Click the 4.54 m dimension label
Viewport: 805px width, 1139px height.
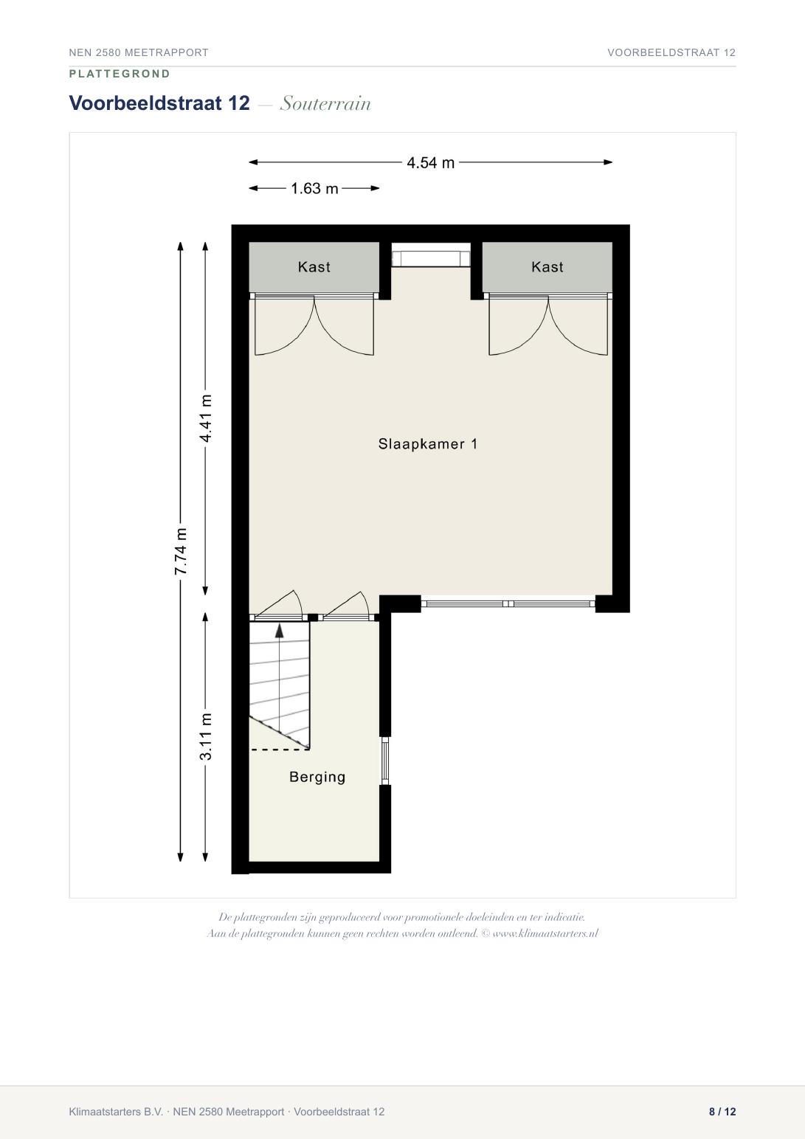(x=430, y=163)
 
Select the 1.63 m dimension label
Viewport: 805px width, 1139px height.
(x=314, y=189)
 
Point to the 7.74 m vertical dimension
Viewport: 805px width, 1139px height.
(x=181, y=552)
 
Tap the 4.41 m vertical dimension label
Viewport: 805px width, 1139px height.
(x=205, y=418)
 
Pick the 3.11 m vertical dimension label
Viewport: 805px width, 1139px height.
(x=205, y=736)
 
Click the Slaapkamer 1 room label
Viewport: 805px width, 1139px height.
(x=428, y=444)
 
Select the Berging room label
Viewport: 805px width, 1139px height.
(x=317, y=778)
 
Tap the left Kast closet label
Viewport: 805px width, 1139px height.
(x=314, y=267)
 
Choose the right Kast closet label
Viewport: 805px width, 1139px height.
(x=547, y=267)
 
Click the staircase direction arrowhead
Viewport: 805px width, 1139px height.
(x=279, y=631)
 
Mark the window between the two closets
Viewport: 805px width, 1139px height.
(x=431, y=258)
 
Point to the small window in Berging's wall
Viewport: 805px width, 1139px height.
(x=385, y=761)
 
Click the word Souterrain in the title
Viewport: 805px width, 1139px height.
(x=325, y=104)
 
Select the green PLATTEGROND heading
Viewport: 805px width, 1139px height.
(x=120, y=74)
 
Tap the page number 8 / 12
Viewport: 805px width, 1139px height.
(x=722, y=1112)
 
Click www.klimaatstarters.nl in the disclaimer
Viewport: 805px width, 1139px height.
(x=546, y=934)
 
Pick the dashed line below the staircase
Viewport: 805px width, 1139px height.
(x=279, y=749)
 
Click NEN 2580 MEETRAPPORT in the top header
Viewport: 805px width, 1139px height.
(x=139, y=52)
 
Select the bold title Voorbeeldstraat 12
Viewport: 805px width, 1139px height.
(x=159, y=103)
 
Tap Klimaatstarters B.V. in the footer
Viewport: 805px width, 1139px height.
(x=116, y=1112)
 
